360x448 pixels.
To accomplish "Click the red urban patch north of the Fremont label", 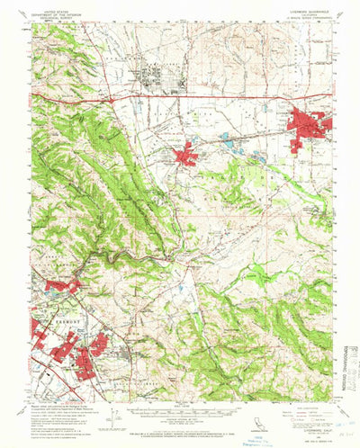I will (x=60, y=287).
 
